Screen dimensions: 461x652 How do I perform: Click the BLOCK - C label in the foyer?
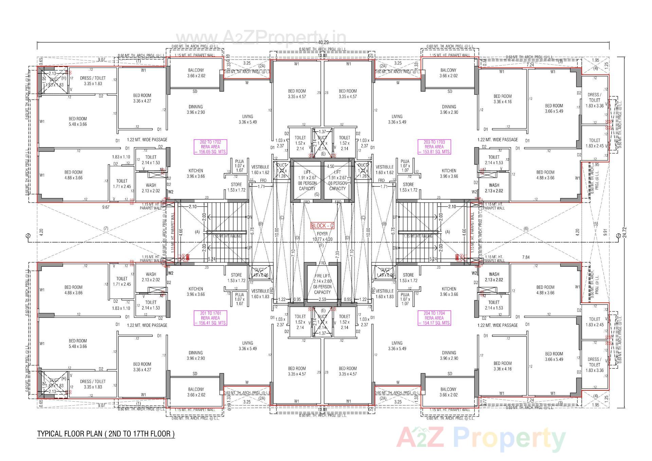click(x=322, y=226)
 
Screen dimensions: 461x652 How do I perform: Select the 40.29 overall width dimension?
click(x=322, y=42)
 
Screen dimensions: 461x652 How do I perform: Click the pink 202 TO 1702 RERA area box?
click(x=210, y=147)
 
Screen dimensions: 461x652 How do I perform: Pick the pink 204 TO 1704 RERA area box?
click(x=434, y=318)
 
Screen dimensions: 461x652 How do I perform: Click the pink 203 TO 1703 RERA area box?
click(x=434, y=147)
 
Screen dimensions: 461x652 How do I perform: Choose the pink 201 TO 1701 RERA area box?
click(x=210, y=318)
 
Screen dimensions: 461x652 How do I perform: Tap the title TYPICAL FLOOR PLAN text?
click(x=106, y=434)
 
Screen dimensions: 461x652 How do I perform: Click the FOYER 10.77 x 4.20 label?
click(x=322, y=236)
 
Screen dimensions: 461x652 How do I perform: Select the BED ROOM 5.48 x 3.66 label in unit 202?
click(x=78, y=121)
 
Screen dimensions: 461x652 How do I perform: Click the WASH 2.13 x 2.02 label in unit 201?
click(x=151, y=277)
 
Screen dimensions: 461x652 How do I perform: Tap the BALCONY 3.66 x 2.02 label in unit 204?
click(x=448, y=392)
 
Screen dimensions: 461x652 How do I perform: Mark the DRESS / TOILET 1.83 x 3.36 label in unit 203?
click(x=595, y=100)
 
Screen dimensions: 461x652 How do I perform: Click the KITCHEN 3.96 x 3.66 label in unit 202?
click(x=196, y=173)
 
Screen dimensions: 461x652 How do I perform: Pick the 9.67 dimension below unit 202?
click(x=106, y=207)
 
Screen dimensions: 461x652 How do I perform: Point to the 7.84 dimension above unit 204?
click(x=525, y=257)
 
